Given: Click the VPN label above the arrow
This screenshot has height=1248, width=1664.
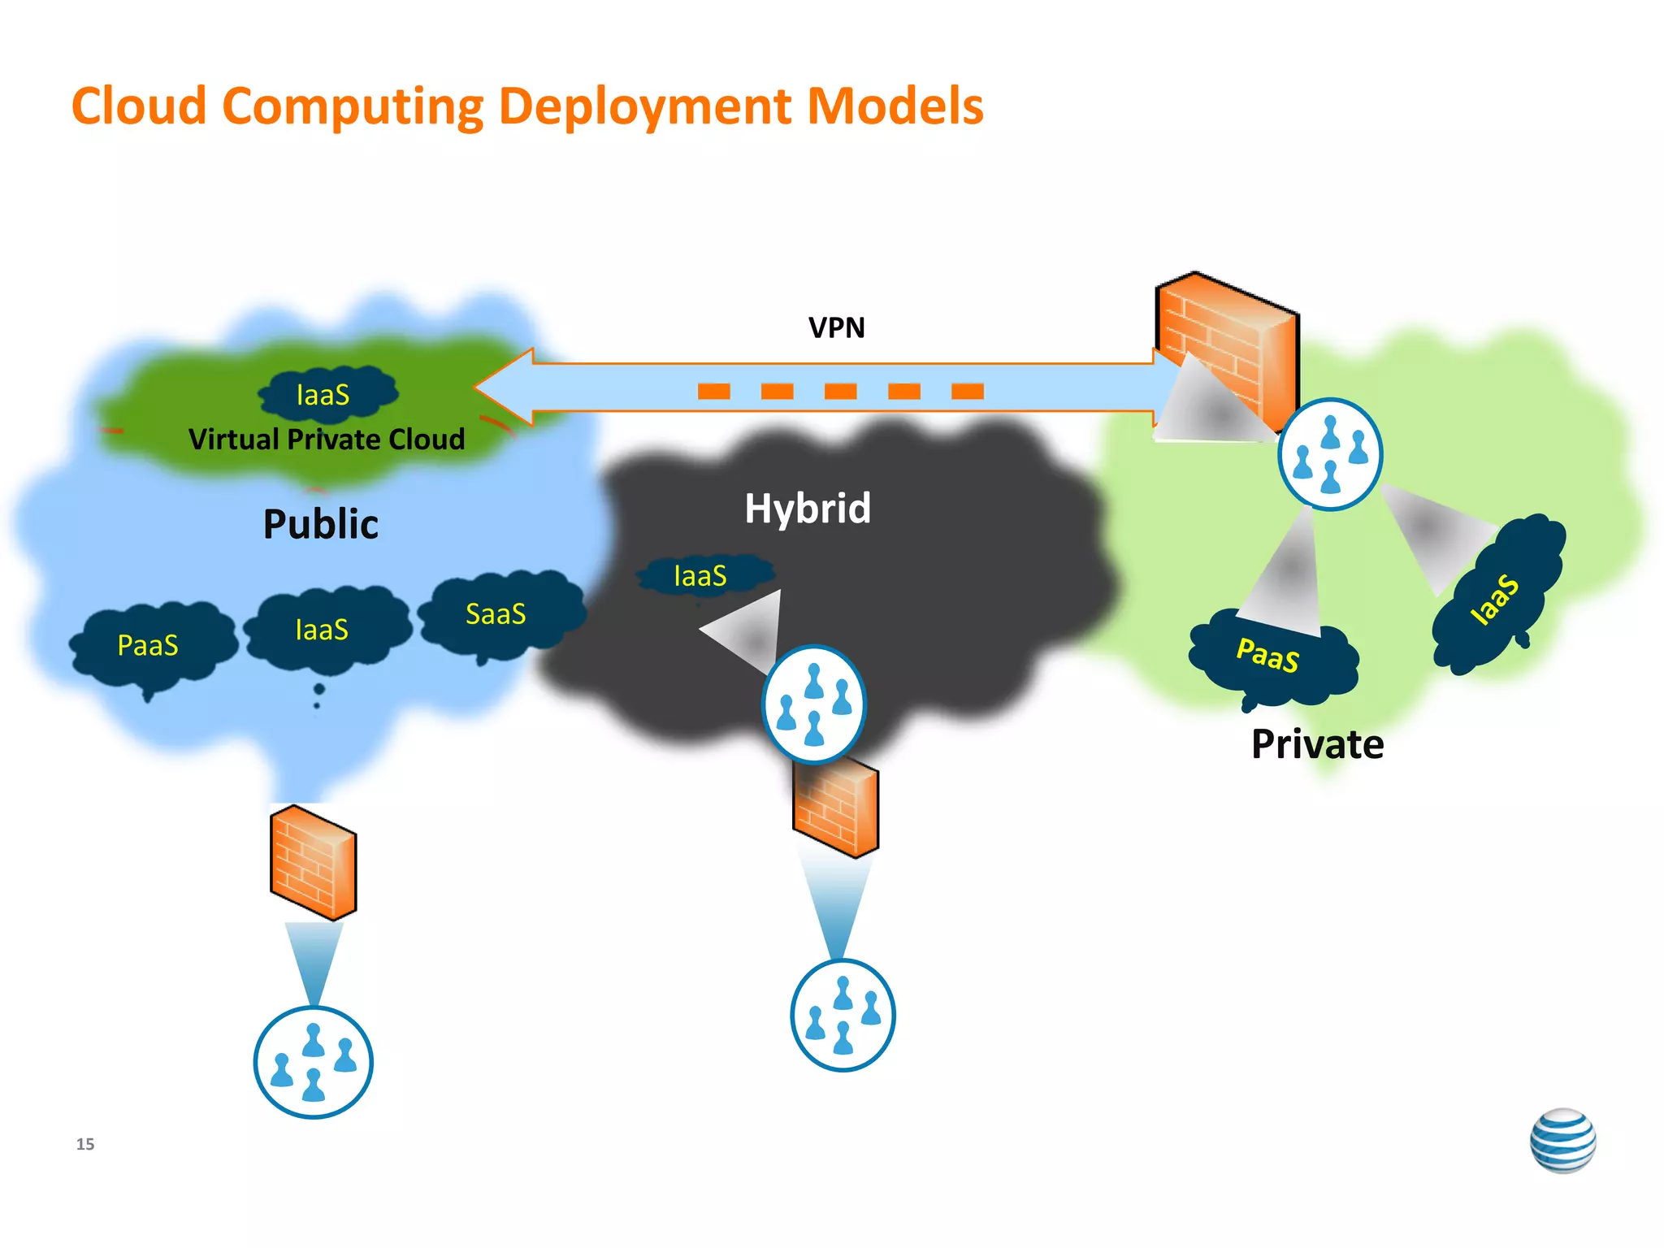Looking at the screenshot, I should [836, 327].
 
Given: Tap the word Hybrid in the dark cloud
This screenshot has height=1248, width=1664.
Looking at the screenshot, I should [808, 509].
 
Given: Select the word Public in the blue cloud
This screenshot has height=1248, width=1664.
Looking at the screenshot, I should [321, 524].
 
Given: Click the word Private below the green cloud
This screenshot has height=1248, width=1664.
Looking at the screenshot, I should [1317, 744].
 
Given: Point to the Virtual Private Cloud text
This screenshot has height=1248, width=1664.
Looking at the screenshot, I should [327, 440].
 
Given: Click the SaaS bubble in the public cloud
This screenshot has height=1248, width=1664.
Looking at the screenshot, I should [497, 614].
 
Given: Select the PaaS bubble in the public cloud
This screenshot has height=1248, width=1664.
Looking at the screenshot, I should [149, 645].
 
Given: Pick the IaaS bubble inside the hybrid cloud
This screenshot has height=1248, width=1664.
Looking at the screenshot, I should [700, 576].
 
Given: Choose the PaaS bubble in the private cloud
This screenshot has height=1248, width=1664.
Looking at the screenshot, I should [1269, 656].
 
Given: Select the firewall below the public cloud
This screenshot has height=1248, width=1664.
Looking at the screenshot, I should [313, 863].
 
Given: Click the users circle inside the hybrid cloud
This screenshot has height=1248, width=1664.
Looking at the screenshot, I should [813, 704].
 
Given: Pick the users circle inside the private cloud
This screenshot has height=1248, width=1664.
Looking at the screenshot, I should [1329, 454].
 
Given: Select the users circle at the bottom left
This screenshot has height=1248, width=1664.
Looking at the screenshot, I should [314, 1062].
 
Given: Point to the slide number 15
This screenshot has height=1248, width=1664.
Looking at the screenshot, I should [85, 1144].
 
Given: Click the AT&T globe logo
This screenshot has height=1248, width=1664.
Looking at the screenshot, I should [1562, 1140].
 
